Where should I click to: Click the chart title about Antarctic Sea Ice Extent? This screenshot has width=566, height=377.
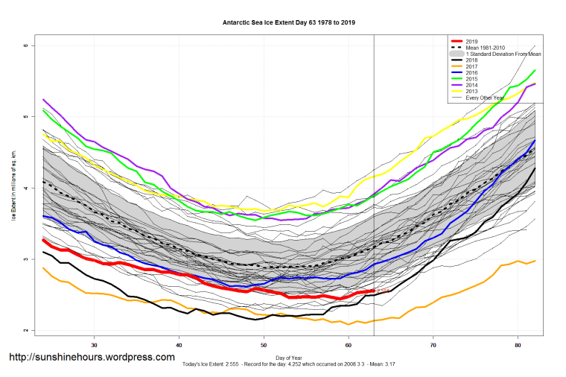tap(289, 23)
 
